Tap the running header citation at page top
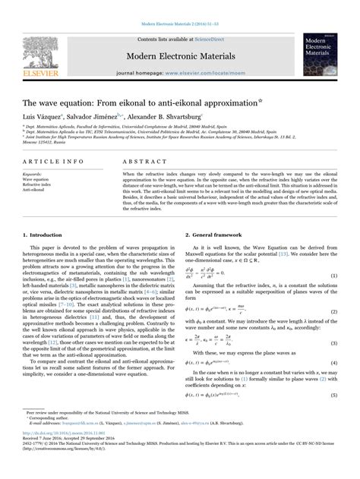coord(180,5)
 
